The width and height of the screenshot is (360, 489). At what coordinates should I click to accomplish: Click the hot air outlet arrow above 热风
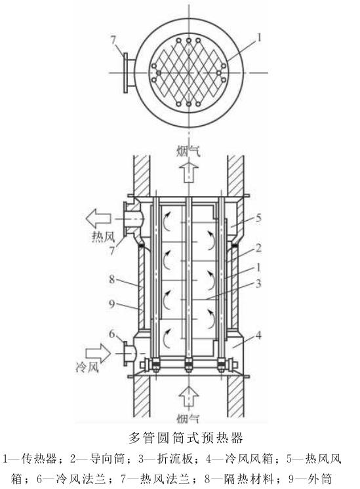click(x=98, y=218)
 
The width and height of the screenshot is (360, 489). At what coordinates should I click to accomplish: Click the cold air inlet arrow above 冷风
click(x=98, y=353)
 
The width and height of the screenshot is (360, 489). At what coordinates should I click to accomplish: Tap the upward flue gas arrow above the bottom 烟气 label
click(x=189, y=397)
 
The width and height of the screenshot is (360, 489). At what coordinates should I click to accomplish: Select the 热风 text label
click(x=103, y=238)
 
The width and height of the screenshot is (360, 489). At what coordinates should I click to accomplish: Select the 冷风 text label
click(x=87, y=367)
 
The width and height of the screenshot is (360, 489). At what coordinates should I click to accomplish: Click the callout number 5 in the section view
click(x=258, y=218)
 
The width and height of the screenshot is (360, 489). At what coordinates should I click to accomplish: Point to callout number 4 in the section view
click(x=258, y=336)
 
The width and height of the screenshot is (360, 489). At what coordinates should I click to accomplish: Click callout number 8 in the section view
click(x=111, y=279)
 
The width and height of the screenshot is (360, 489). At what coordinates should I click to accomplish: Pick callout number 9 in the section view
click(x=111, y=303)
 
